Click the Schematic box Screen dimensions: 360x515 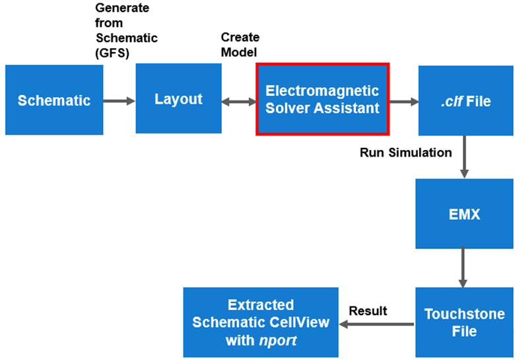tap(54, 100)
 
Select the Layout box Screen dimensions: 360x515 tap(178, 99)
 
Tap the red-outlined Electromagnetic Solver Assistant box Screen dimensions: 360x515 tap(322, 99)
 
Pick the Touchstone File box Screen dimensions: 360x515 tap(464, 322)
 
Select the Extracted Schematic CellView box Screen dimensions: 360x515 tap(260, 322)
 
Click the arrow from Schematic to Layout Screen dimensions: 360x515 tap(120, 101)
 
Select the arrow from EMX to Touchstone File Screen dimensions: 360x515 tap(464, 267)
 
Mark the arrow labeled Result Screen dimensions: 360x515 tap(376, 324)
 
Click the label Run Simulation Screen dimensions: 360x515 tap(405, 153)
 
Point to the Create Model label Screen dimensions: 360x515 tap(240, 45)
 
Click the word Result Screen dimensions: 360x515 tap(368, 310)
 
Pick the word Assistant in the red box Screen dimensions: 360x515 tap(350, 108)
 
